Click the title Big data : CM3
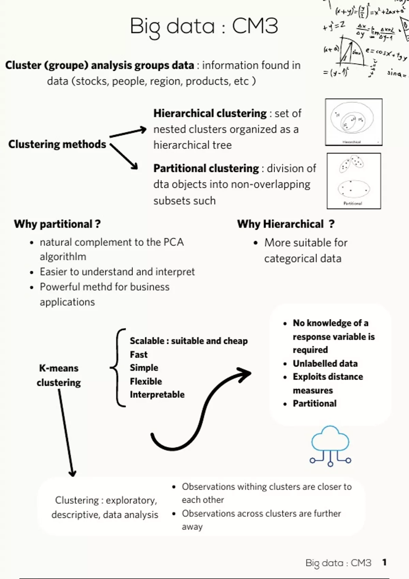coord(204,26)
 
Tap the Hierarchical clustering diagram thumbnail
coord(353,122)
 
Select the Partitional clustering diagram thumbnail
coord(353,181)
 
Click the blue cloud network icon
coord(330,445)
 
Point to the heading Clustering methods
coord(57,144)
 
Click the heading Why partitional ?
coord(57,224)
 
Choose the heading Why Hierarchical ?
coord(286,224)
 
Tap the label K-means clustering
coord(59,375)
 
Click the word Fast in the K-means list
coord(138,355)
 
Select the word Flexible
coord(146,381)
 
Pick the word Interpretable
coord(157,394)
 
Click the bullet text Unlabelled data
coord(325,363)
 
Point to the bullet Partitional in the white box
coord(314,404)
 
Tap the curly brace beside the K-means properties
coord(118,368)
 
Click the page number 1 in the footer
coord(384,562)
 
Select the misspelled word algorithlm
coord(63,256)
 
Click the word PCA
coord(173,242)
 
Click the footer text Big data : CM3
coord(338,563)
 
